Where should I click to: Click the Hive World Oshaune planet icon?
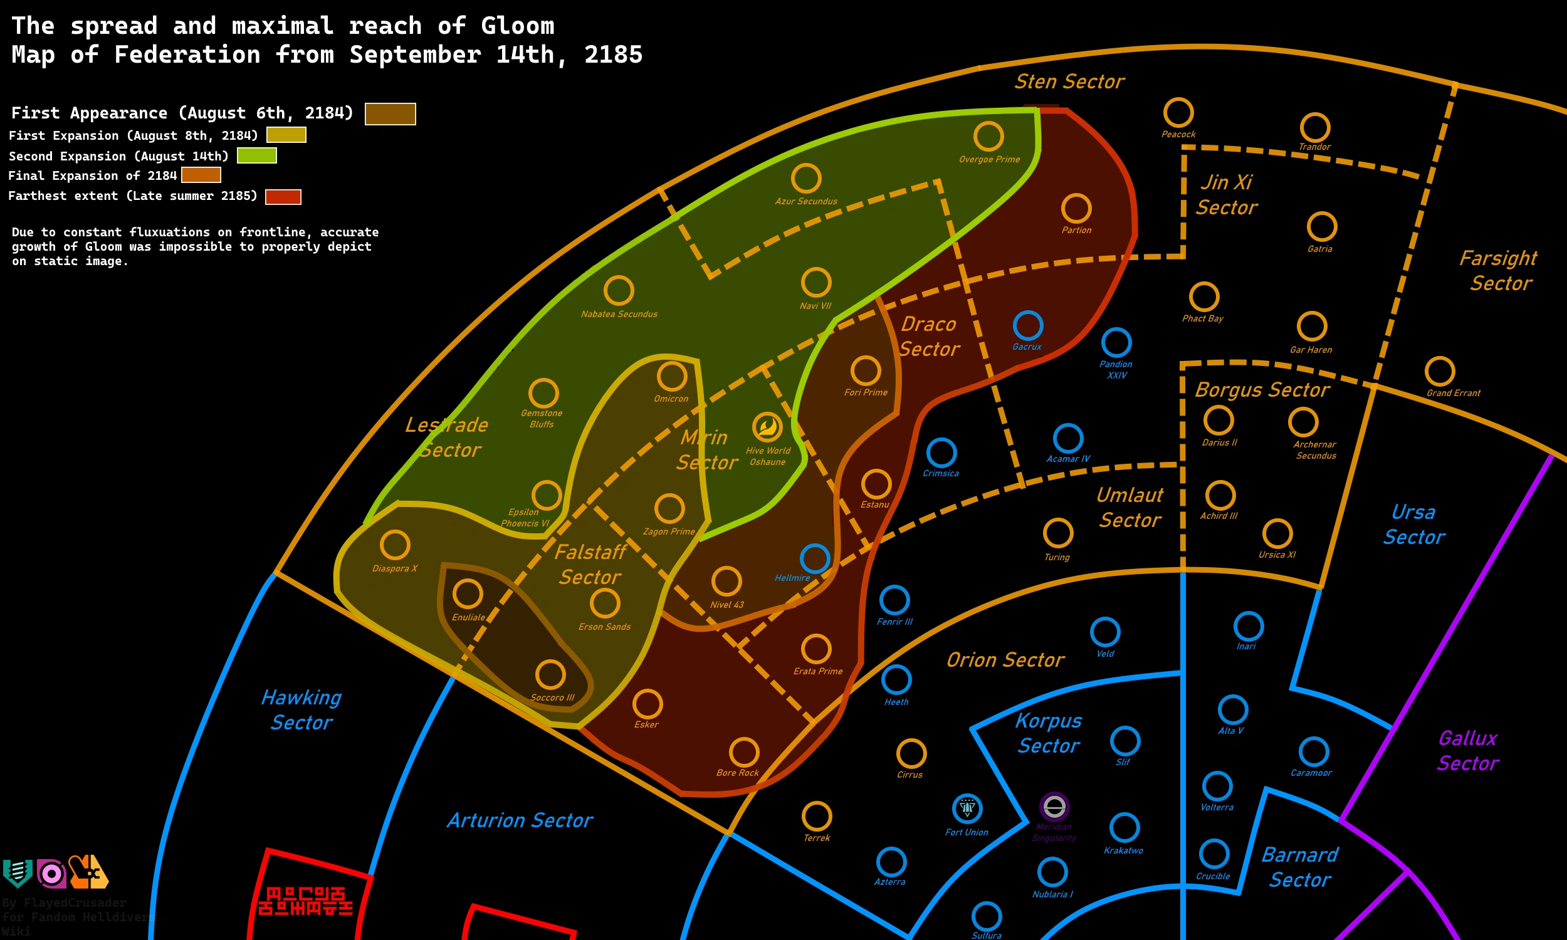pyautogui.click(x=767, y=427)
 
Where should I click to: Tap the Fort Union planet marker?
pyautogui.click(x=967, y=808)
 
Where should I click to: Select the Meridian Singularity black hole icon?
pyautogui.click(x=1054, y=807)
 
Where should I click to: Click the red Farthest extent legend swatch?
pyautogui.click(x=283, y=197)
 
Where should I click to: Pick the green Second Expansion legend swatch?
pyautogui.click(x=256, y=155)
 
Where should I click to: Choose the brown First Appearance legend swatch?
pyautogui.click(x=390, y=114)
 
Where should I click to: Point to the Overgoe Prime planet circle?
pyautogui.click(x=988, y=136)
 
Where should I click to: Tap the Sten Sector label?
pyautogui.click(x=1069, y=81)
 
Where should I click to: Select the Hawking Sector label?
pyautogui.click(x=301, y=710)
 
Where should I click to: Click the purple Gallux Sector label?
pyautogui.click(x=1467, y=751)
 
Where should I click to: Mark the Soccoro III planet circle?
pyautogui.click(x=550, y=674)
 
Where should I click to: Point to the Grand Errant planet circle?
pyautogui.click(x=1440, y=371)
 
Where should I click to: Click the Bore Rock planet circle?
pyautogui.click(x=744, y=753)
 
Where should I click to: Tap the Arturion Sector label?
pyautogui.click(x=520, y=820)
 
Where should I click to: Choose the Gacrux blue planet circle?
pyautogui.click(x=1028, y=326)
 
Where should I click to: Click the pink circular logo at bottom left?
pyautogui.click(x=51, y=874)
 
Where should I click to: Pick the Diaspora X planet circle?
pyautogui.click(x=396, y=545)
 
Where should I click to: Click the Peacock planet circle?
pyautogui.click(x=1179, y=113)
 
